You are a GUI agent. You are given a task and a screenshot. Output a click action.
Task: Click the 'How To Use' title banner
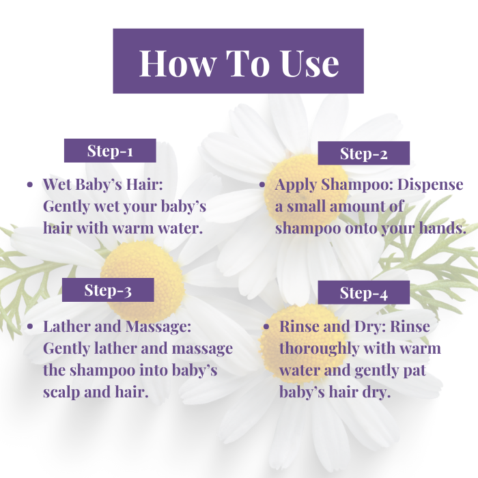tap(238, 61)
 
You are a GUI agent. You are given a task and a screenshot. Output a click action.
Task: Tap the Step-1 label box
tap(110, 151)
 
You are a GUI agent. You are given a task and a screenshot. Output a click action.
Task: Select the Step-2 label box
tap(364, 153)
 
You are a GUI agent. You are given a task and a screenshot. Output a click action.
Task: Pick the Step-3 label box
tap(108, 290)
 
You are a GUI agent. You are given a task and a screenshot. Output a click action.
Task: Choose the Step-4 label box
tap(364, 293)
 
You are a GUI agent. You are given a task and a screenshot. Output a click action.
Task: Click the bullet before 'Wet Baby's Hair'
tap(30, 185)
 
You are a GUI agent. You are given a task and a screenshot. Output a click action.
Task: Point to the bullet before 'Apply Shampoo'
tap(262, 185)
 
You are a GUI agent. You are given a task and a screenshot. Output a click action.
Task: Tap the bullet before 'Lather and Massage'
tap(30, 327)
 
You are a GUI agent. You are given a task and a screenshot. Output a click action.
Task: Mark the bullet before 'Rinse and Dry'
tap(266, 327)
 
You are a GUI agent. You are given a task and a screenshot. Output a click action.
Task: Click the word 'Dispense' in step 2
tap(430, 185)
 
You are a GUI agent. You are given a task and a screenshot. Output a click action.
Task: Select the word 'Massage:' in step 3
tap(158, 326)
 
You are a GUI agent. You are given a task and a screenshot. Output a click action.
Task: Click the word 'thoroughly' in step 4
tap(319, 348)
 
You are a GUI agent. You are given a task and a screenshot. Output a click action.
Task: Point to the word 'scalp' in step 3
tap(61, 393)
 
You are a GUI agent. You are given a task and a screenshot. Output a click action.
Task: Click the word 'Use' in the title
tap(310, 63)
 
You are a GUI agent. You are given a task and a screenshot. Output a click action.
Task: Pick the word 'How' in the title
tap(176, 63)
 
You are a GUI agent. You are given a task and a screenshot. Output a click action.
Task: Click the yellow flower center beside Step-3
tap(143, 281)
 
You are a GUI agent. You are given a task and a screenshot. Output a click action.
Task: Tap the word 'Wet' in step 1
tap(57, 184)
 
